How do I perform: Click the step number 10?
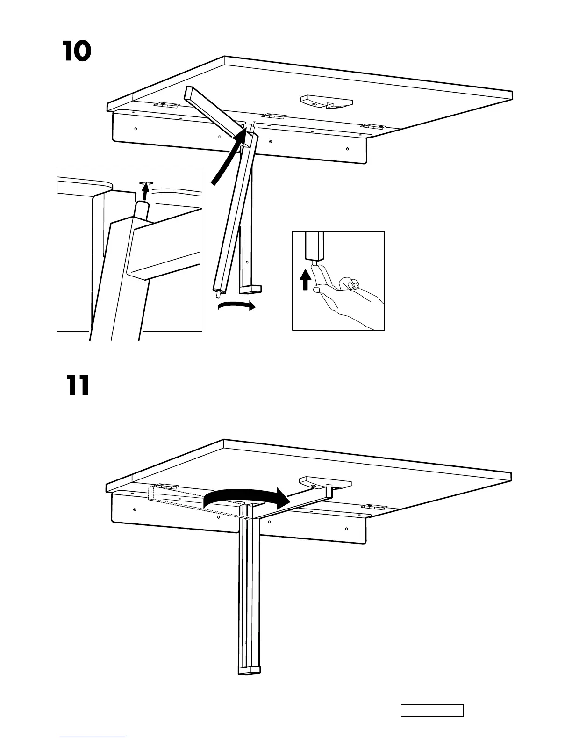[77, 52]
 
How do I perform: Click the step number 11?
[77, 386]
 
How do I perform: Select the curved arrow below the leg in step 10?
[236, 307]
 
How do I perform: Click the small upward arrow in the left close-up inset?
[146, 191]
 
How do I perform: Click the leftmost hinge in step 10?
[167, 106]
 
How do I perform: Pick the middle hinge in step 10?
[273, 116]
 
